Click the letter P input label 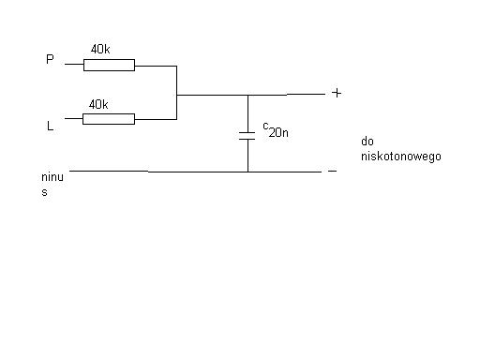[50, 59]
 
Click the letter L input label [50, 126]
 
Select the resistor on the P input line [109, 65]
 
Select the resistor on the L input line [109, 119]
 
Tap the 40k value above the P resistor [100, 49]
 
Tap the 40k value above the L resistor [98, 104]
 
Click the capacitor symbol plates [247, 136]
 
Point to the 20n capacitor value [278, 133]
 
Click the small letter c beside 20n [265, 126]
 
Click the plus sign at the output [337, 93]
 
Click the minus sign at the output [332, 171]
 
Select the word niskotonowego [401, 157]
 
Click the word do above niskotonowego [367, 142]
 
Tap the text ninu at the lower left [52, 177]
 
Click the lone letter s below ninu [44, 192]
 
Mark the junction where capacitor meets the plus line [248, 95]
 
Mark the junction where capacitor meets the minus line [248, 172]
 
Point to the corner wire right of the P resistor [176, 66]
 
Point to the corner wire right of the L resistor [176, 119]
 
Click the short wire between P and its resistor [74, 64]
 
